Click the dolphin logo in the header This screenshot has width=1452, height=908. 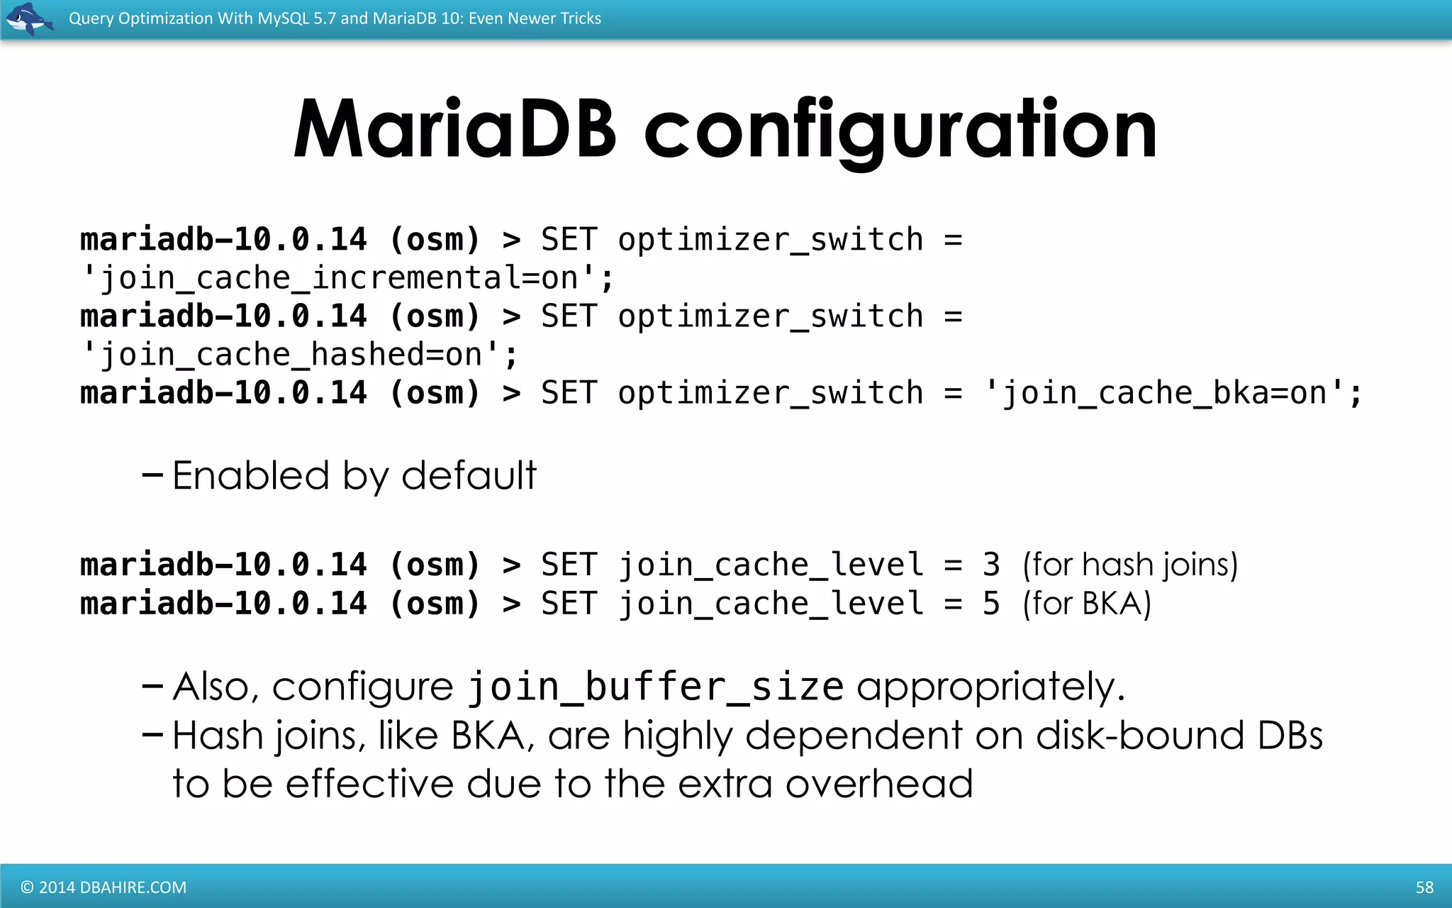coord(28,18)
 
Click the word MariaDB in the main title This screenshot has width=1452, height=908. coord(454,130)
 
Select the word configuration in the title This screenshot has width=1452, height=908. coord(900,130)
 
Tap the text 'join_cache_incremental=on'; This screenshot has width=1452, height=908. coord(347,278)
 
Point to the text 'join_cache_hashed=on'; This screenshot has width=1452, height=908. coord(299,355)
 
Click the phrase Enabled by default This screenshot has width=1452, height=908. coord(354,475)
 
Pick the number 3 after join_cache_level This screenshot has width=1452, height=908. coord(990,565)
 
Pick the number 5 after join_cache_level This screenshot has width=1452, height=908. coord(990,604)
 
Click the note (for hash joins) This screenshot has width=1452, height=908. coord(1130,565)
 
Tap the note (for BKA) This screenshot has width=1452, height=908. coord(1086,604)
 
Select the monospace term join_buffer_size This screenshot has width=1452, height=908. coord(655,687)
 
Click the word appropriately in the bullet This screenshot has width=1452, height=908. coord(990,687)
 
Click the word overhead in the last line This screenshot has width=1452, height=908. coord(878,785)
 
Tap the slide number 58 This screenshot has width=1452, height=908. coord(1424,887)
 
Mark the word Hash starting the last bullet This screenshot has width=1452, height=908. coord(218,736)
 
